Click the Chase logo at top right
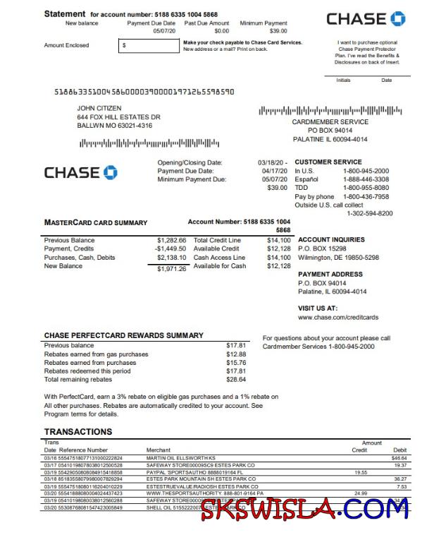pos(366,19)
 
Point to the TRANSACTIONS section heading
pos(77,431)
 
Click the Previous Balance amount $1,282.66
pos(172,241)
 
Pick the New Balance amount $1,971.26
pos(172,268)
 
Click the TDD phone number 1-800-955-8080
pos(366,188)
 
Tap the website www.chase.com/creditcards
pos(338,318)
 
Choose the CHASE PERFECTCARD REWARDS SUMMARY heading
pos(123,335)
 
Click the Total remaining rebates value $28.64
pos(235,379)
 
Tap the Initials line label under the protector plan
pos(343,80)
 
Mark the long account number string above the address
pos(144,92)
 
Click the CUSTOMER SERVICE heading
pos(328,162)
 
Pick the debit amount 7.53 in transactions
pos(401,486)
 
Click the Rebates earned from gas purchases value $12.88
pos(235,354)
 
